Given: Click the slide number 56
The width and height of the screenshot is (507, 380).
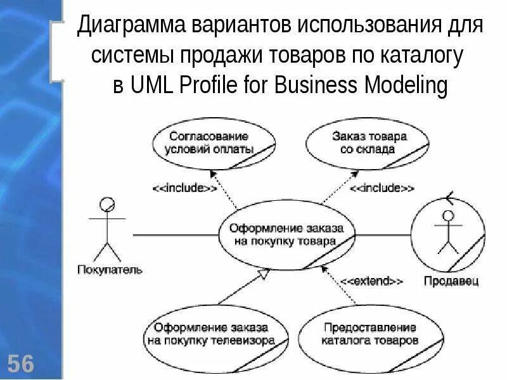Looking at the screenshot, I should [x=21, y=364].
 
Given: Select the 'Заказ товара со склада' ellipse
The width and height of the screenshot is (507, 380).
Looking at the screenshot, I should [x=365, y=144].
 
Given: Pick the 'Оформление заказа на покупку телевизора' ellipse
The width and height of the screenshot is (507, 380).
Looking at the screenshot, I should [x=210, y=334].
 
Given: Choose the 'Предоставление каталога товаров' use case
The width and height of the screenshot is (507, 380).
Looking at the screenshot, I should [x=369, y=334].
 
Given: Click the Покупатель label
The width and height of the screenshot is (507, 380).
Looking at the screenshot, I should [x=110, y=270].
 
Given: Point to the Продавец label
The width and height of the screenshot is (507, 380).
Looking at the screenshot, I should [x=451, y=281].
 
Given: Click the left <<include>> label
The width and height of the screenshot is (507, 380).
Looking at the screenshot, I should [x=184, y=187].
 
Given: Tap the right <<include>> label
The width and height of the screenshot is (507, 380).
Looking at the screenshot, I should [x=382, y=187].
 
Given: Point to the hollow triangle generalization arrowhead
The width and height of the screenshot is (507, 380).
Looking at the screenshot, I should [x=264, y=274].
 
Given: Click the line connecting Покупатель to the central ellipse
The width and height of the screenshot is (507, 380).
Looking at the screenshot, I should [x=174, y=236].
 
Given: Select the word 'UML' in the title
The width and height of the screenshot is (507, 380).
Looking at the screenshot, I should [x=155, y=85].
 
